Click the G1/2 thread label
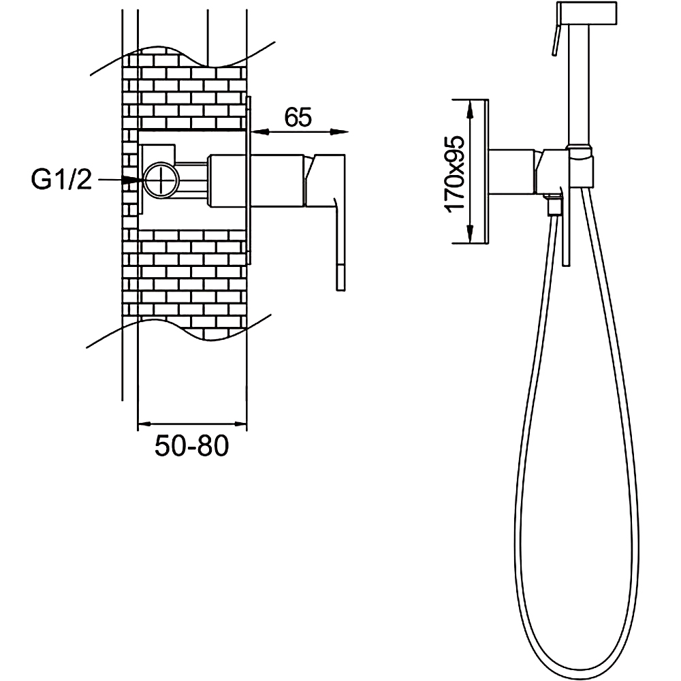pyautogui.click(x=62, y=179)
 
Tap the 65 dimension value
pyautogui.click(x=298, y=117)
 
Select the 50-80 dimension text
pyautogui.click(x=191, y=445)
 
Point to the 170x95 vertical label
pyautogui.click(x=455, y=174)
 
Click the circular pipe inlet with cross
pyautogui.click(x=161, y=179)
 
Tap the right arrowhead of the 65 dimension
pyautogui.click(x=340, y=131)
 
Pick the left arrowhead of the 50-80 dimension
pyautogui.click(x=147, y=424)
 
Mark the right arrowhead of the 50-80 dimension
pyautogui.click(x=237, y=424)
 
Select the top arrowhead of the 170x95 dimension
pyautogui.click(x=470, y=109)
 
